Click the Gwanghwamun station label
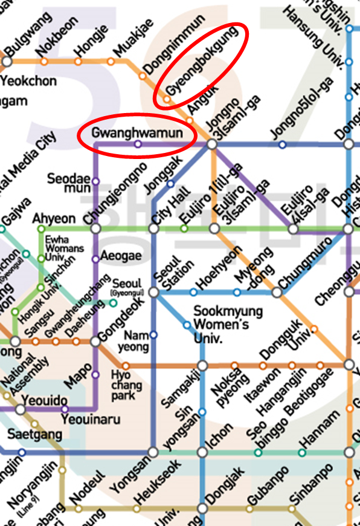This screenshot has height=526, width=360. [137, 132]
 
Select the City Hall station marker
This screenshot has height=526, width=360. [153, 229]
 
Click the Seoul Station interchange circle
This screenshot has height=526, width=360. [153, 292]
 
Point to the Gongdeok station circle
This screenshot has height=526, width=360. [95, 342]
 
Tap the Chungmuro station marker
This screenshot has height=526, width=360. [277, 292]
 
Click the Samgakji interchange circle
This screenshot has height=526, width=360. [202, 365]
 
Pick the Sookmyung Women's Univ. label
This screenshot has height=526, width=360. [221, 324]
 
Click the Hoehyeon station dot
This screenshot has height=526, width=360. [193, 292]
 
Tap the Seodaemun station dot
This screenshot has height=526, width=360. [95, 181]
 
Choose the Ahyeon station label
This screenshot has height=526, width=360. [54, 218]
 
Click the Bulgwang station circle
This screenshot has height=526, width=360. [7, 61]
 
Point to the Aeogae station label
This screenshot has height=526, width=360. [121, 256]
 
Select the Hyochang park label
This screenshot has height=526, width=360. [127, 386]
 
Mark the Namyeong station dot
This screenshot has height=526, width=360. [153, 334]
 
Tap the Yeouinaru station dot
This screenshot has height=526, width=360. [65, 409]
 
